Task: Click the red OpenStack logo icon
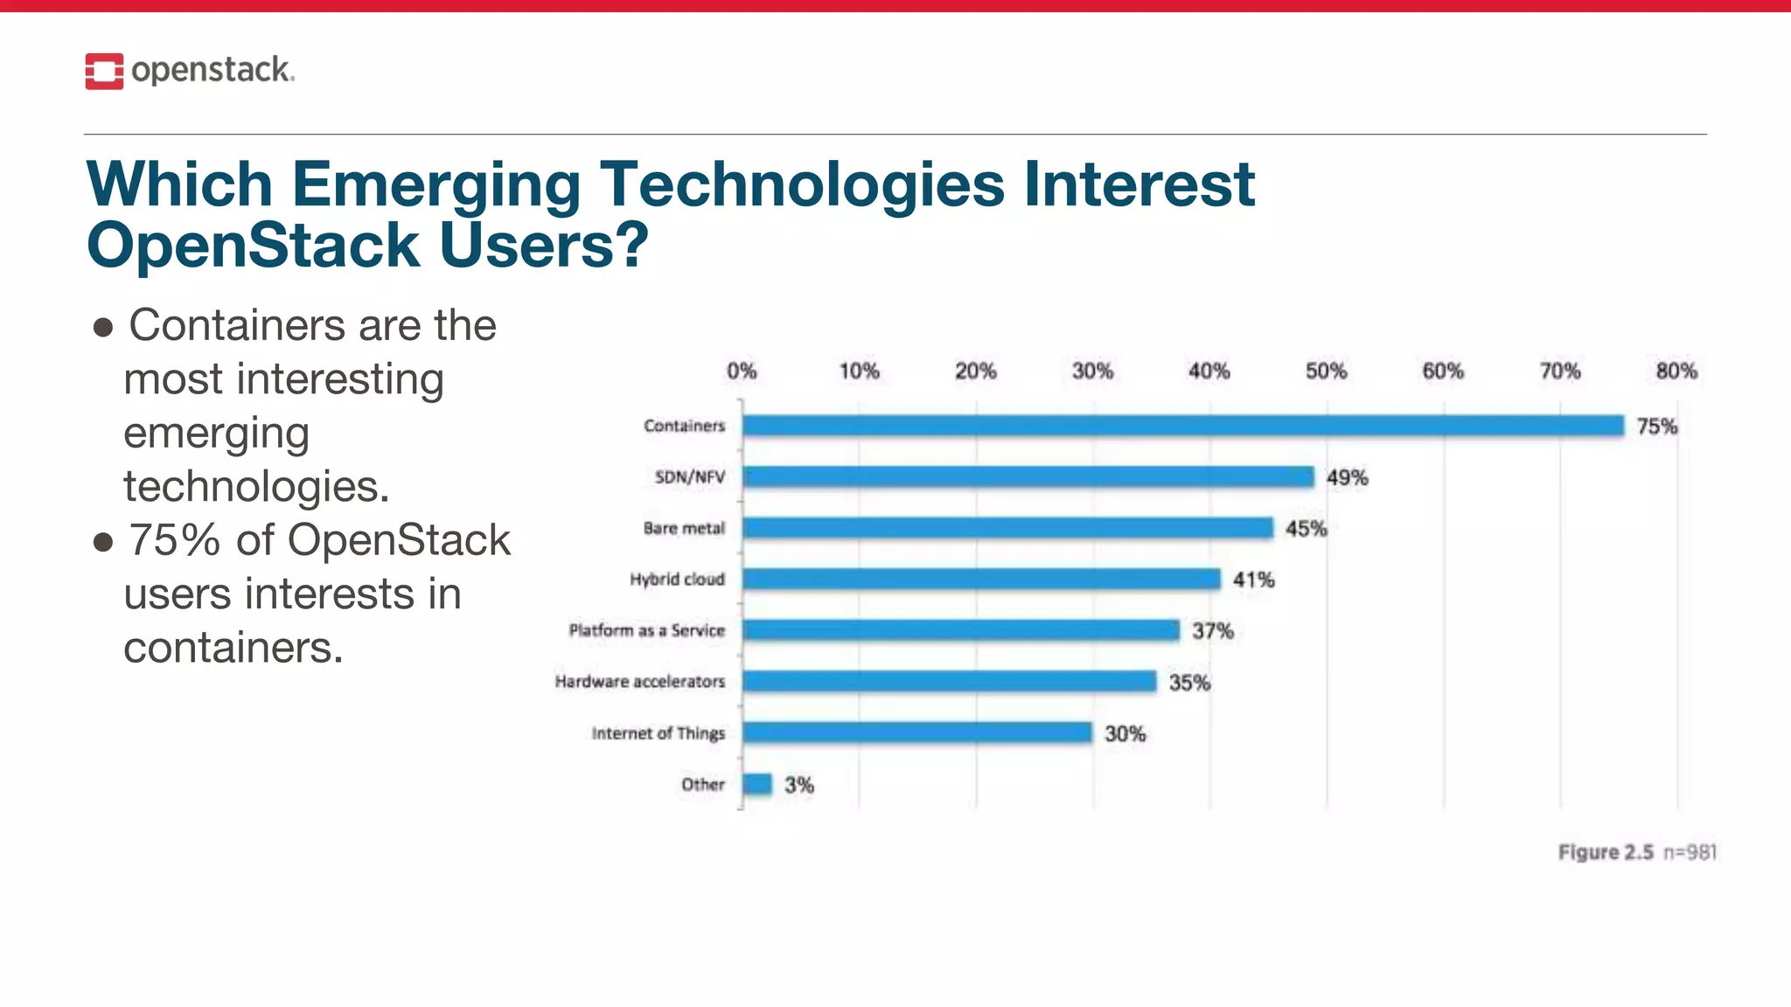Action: tap(104, 71)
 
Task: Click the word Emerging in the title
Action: tap(435, 184)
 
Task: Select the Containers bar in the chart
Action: tap(1182, 426)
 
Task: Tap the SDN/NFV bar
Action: tap(1028, 476)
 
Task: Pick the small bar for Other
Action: tap(757, 784)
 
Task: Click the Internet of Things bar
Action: tap(916, 733)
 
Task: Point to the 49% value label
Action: tap(1347, 477)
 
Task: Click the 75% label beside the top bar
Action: tap(1656, 427)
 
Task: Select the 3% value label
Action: tap(798, 785)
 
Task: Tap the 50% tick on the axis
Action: tap(1326, 372)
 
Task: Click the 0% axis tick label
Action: tap(742, 372)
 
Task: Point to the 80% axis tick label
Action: tap(1676, 372)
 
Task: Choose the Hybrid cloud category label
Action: tap(677, 580)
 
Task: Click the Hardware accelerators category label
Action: tap(639, 681)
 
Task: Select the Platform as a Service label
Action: tap(646, 630)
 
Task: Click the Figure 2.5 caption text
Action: tap(1605, 852)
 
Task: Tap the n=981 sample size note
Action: tap(1690, 852)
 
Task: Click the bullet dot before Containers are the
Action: tap(103, 328)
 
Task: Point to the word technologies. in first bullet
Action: tap(255, 487)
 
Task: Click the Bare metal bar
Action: tap(1007, 528)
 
